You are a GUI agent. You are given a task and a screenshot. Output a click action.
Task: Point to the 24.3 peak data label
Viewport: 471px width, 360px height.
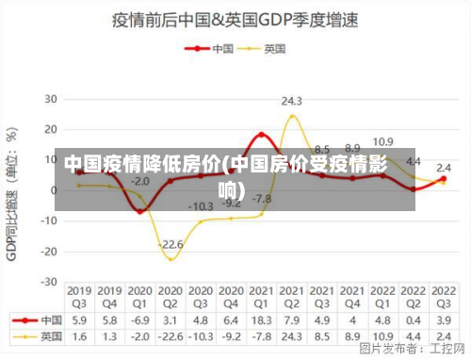pyautogui.click(x=292, y=101)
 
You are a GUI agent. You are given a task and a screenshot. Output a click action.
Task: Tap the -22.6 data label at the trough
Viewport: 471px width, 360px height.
pyautogui.click(x=171, y=245)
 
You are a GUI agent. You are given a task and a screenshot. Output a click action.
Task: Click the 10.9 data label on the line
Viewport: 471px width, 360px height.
pyautogui.click(x=382, y=142)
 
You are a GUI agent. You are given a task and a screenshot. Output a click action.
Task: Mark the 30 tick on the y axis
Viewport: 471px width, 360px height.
pyautogui.click(x=49, y=98)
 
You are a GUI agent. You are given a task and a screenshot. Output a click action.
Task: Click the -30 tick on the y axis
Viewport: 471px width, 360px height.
pyautogui.click(x=47, y=282)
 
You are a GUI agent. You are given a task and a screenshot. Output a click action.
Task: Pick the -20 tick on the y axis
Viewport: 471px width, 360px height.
pyautogui.click(x=47, y=252)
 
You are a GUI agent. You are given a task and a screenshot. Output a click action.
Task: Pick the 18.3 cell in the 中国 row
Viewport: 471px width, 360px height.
pyautogui.click(x=261, y=320)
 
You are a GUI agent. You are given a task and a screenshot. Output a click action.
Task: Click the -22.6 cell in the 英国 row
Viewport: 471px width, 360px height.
pyautogui.click(x=171, y=335)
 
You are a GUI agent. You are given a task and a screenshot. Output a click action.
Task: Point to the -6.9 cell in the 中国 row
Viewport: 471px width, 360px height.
pyautogui.click(x=139, y=320)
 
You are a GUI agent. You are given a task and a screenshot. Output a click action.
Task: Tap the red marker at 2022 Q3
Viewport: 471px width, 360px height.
pyautogui.click(x=443, y=179)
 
